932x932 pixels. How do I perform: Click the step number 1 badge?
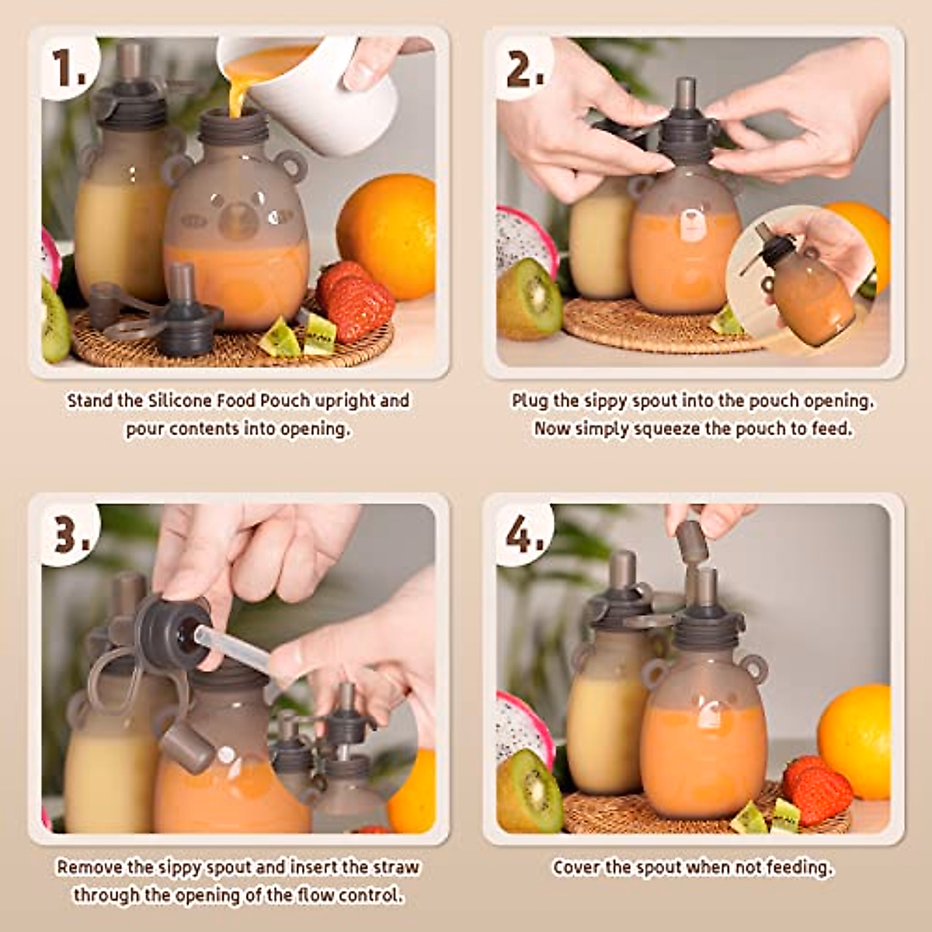69,68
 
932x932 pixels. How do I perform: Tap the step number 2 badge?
524,68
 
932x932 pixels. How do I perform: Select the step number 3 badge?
71,534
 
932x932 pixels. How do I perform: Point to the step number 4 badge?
525,534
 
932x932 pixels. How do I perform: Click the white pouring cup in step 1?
315,92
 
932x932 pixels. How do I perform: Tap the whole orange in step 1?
387,237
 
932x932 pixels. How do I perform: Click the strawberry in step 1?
356,301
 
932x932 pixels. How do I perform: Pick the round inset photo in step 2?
801,280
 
